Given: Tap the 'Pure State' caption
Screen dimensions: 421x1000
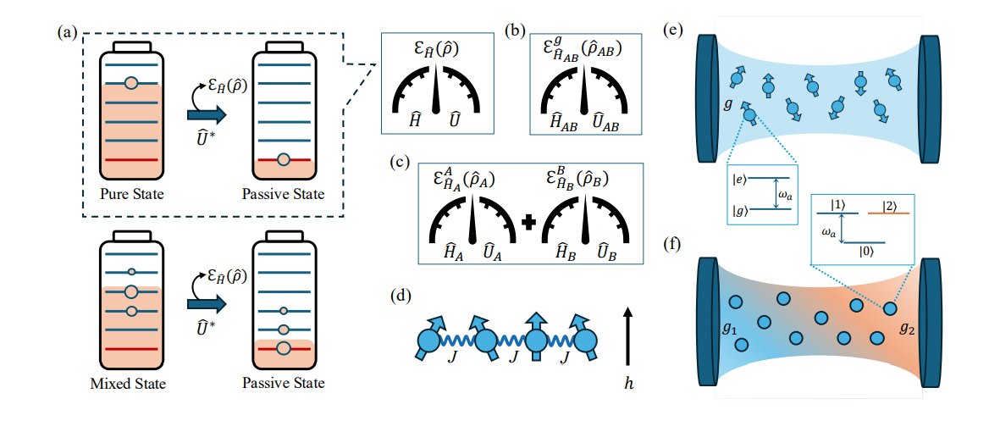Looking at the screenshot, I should tap(130, 196).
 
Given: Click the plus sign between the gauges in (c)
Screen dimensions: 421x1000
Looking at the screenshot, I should tap(529, 224).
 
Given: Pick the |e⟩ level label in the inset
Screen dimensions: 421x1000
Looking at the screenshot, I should tap(741, 179).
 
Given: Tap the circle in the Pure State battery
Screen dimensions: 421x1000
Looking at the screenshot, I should tap(130, 84).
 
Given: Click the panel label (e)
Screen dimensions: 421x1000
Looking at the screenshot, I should tap(674, 31).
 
